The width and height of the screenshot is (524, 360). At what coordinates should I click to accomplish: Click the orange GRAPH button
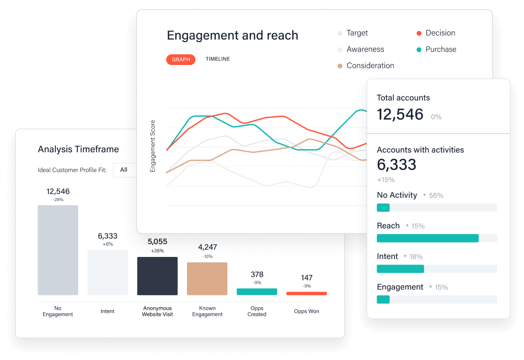[x=181, y=59]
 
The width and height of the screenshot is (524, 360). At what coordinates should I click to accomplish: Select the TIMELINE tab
[x=217, y=59]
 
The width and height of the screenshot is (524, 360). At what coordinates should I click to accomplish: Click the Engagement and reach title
[x=233, y=36]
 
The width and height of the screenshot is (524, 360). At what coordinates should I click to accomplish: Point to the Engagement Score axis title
[x=153, y=146]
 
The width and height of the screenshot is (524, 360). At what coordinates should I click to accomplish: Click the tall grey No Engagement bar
[x=58, y=250]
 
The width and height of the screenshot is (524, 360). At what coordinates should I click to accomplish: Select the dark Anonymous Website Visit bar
[x=157, y=276]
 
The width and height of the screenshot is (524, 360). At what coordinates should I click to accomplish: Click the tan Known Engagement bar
[x=207, y=278]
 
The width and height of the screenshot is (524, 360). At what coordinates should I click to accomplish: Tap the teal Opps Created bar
[x=257, y=291]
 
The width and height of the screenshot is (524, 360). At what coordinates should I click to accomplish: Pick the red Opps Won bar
[x=307, y=293]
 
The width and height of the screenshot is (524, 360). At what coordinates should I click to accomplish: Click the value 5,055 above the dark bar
[x=157, y=242]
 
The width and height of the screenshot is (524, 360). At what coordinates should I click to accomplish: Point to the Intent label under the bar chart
[x=108, y=311]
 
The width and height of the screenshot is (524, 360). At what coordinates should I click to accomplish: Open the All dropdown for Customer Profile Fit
[x=124, y=170]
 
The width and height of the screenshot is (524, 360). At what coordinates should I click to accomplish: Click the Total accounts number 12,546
[x=400, y=114]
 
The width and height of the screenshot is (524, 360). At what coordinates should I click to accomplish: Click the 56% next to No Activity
[x=436, y=195]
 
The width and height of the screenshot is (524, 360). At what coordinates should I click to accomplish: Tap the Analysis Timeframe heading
[x=78, y=149]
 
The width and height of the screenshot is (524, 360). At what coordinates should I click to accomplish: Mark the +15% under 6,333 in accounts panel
[x=385, y=180]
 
